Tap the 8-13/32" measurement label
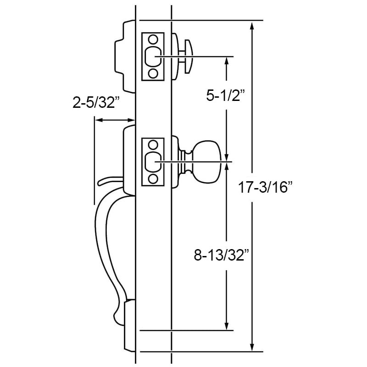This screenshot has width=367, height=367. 221,255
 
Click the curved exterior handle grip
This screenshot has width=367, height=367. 103,248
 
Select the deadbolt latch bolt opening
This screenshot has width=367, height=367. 152,56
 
